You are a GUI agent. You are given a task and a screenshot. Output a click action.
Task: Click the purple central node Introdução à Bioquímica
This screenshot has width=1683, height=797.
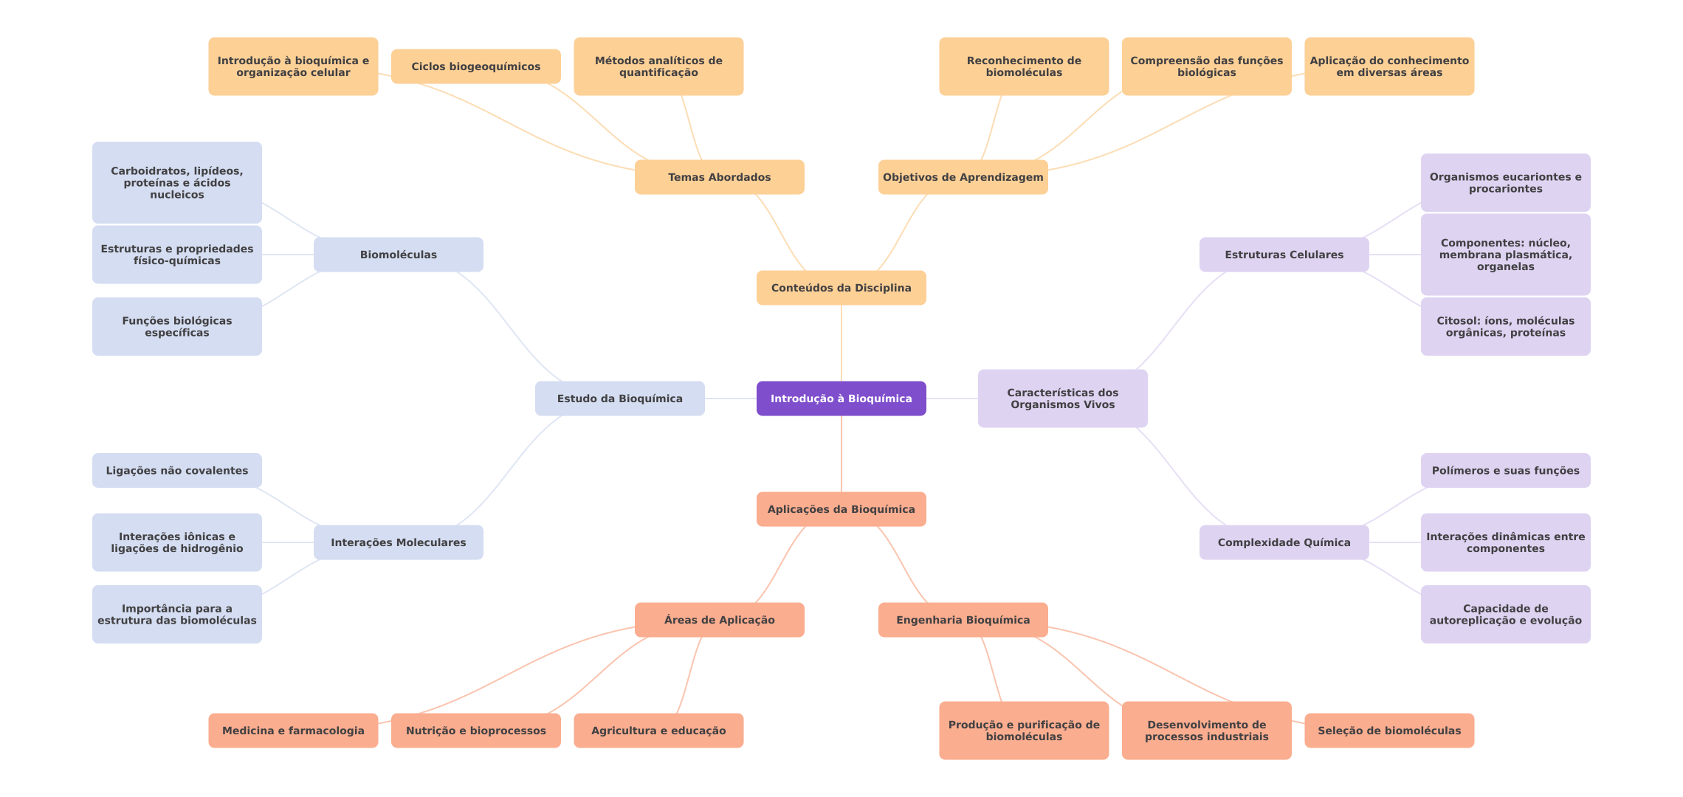point(841,398)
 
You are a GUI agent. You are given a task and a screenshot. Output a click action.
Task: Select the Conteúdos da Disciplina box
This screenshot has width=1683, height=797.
point(841,288)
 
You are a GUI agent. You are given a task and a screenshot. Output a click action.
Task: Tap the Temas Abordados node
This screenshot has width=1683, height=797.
point(719,177)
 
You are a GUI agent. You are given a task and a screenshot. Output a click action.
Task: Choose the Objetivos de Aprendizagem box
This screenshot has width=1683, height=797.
point(963,177)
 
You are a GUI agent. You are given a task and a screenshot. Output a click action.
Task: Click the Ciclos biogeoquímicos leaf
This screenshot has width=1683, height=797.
point(475,66)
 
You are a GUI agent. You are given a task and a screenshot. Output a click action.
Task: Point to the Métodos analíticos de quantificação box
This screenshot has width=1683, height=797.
point(658,66)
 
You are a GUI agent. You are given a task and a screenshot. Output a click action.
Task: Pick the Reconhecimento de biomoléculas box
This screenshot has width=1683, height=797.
point(1024,66)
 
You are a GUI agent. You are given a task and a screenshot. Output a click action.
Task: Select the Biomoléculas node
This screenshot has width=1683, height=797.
point(398,255)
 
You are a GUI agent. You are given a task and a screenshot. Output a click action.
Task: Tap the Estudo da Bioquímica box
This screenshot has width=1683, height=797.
point(619,398)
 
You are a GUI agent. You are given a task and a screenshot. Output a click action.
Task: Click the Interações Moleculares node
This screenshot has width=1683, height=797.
point(398,542)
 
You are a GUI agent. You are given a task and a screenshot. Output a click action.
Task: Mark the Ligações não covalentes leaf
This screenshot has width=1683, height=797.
point(176,471)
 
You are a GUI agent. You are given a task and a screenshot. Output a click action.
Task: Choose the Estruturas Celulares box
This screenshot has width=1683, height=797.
point(1284,255)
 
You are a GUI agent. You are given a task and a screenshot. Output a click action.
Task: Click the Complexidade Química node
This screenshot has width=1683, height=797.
point(1284,542)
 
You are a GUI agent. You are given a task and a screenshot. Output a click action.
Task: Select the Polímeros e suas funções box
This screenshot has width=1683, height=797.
point(1505,471)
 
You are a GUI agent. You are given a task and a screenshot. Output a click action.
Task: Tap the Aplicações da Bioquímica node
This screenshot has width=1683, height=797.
point(841,509)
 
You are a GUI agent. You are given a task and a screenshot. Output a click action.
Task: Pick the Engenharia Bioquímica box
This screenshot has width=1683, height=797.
point(963,620)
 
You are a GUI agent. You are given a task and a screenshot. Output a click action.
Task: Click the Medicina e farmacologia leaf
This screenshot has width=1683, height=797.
point(293,731)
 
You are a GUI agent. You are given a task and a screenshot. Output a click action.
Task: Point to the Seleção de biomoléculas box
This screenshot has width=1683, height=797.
point(1389,731)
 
